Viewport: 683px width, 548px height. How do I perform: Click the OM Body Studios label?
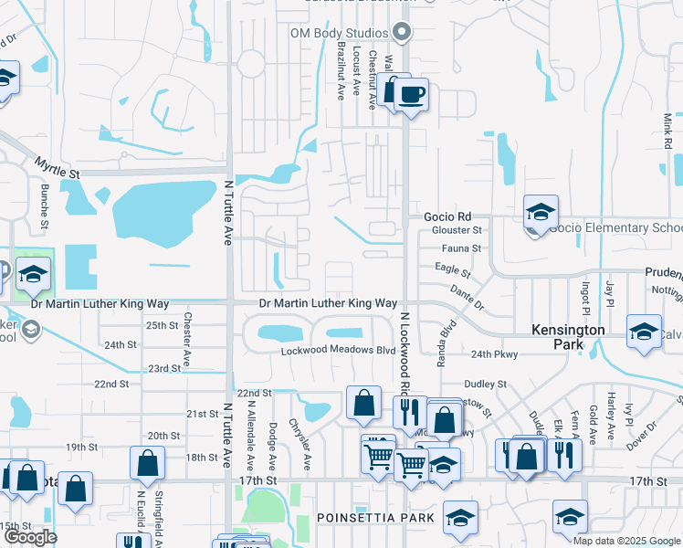(x=341, y=33)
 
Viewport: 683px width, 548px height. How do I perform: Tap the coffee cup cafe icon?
(x=411, y=94)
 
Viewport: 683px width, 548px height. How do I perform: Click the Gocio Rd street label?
(x=447, y=216)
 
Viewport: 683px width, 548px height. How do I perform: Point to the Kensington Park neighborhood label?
(x=570, y=337)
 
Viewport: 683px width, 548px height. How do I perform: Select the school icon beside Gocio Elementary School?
(x=541, y=213)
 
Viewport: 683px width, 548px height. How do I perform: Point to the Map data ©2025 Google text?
(x=626, y=541)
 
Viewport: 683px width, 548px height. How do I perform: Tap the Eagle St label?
(x=452, y=271)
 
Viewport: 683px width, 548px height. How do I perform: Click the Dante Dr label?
(x=467, y=297)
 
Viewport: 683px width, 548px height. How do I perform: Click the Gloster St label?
(x=449, y=230)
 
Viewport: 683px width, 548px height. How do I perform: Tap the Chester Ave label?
(x=186, y=337)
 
